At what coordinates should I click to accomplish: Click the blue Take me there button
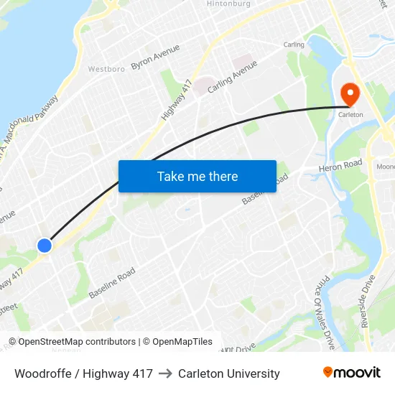(x=197, y=176)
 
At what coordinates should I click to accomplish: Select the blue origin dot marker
(x=45, y=245)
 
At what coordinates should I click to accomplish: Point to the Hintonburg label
(x=228, y=4)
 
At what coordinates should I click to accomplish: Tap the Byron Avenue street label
(x=155, y=57)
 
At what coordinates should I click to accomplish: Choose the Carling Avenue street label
(x=232, y=76)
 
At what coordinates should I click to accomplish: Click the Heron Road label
(x=341, y=165)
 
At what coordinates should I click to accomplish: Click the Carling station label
(x=294, y=45)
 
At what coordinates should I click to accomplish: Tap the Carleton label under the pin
(x=350, y=115)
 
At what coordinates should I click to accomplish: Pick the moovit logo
(x=351, y=373)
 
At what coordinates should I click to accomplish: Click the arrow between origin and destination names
(x=165, y=373)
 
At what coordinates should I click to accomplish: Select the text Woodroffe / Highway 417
(x=83, y=373)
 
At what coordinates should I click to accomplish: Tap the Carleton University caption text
(x=229, y=373)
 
